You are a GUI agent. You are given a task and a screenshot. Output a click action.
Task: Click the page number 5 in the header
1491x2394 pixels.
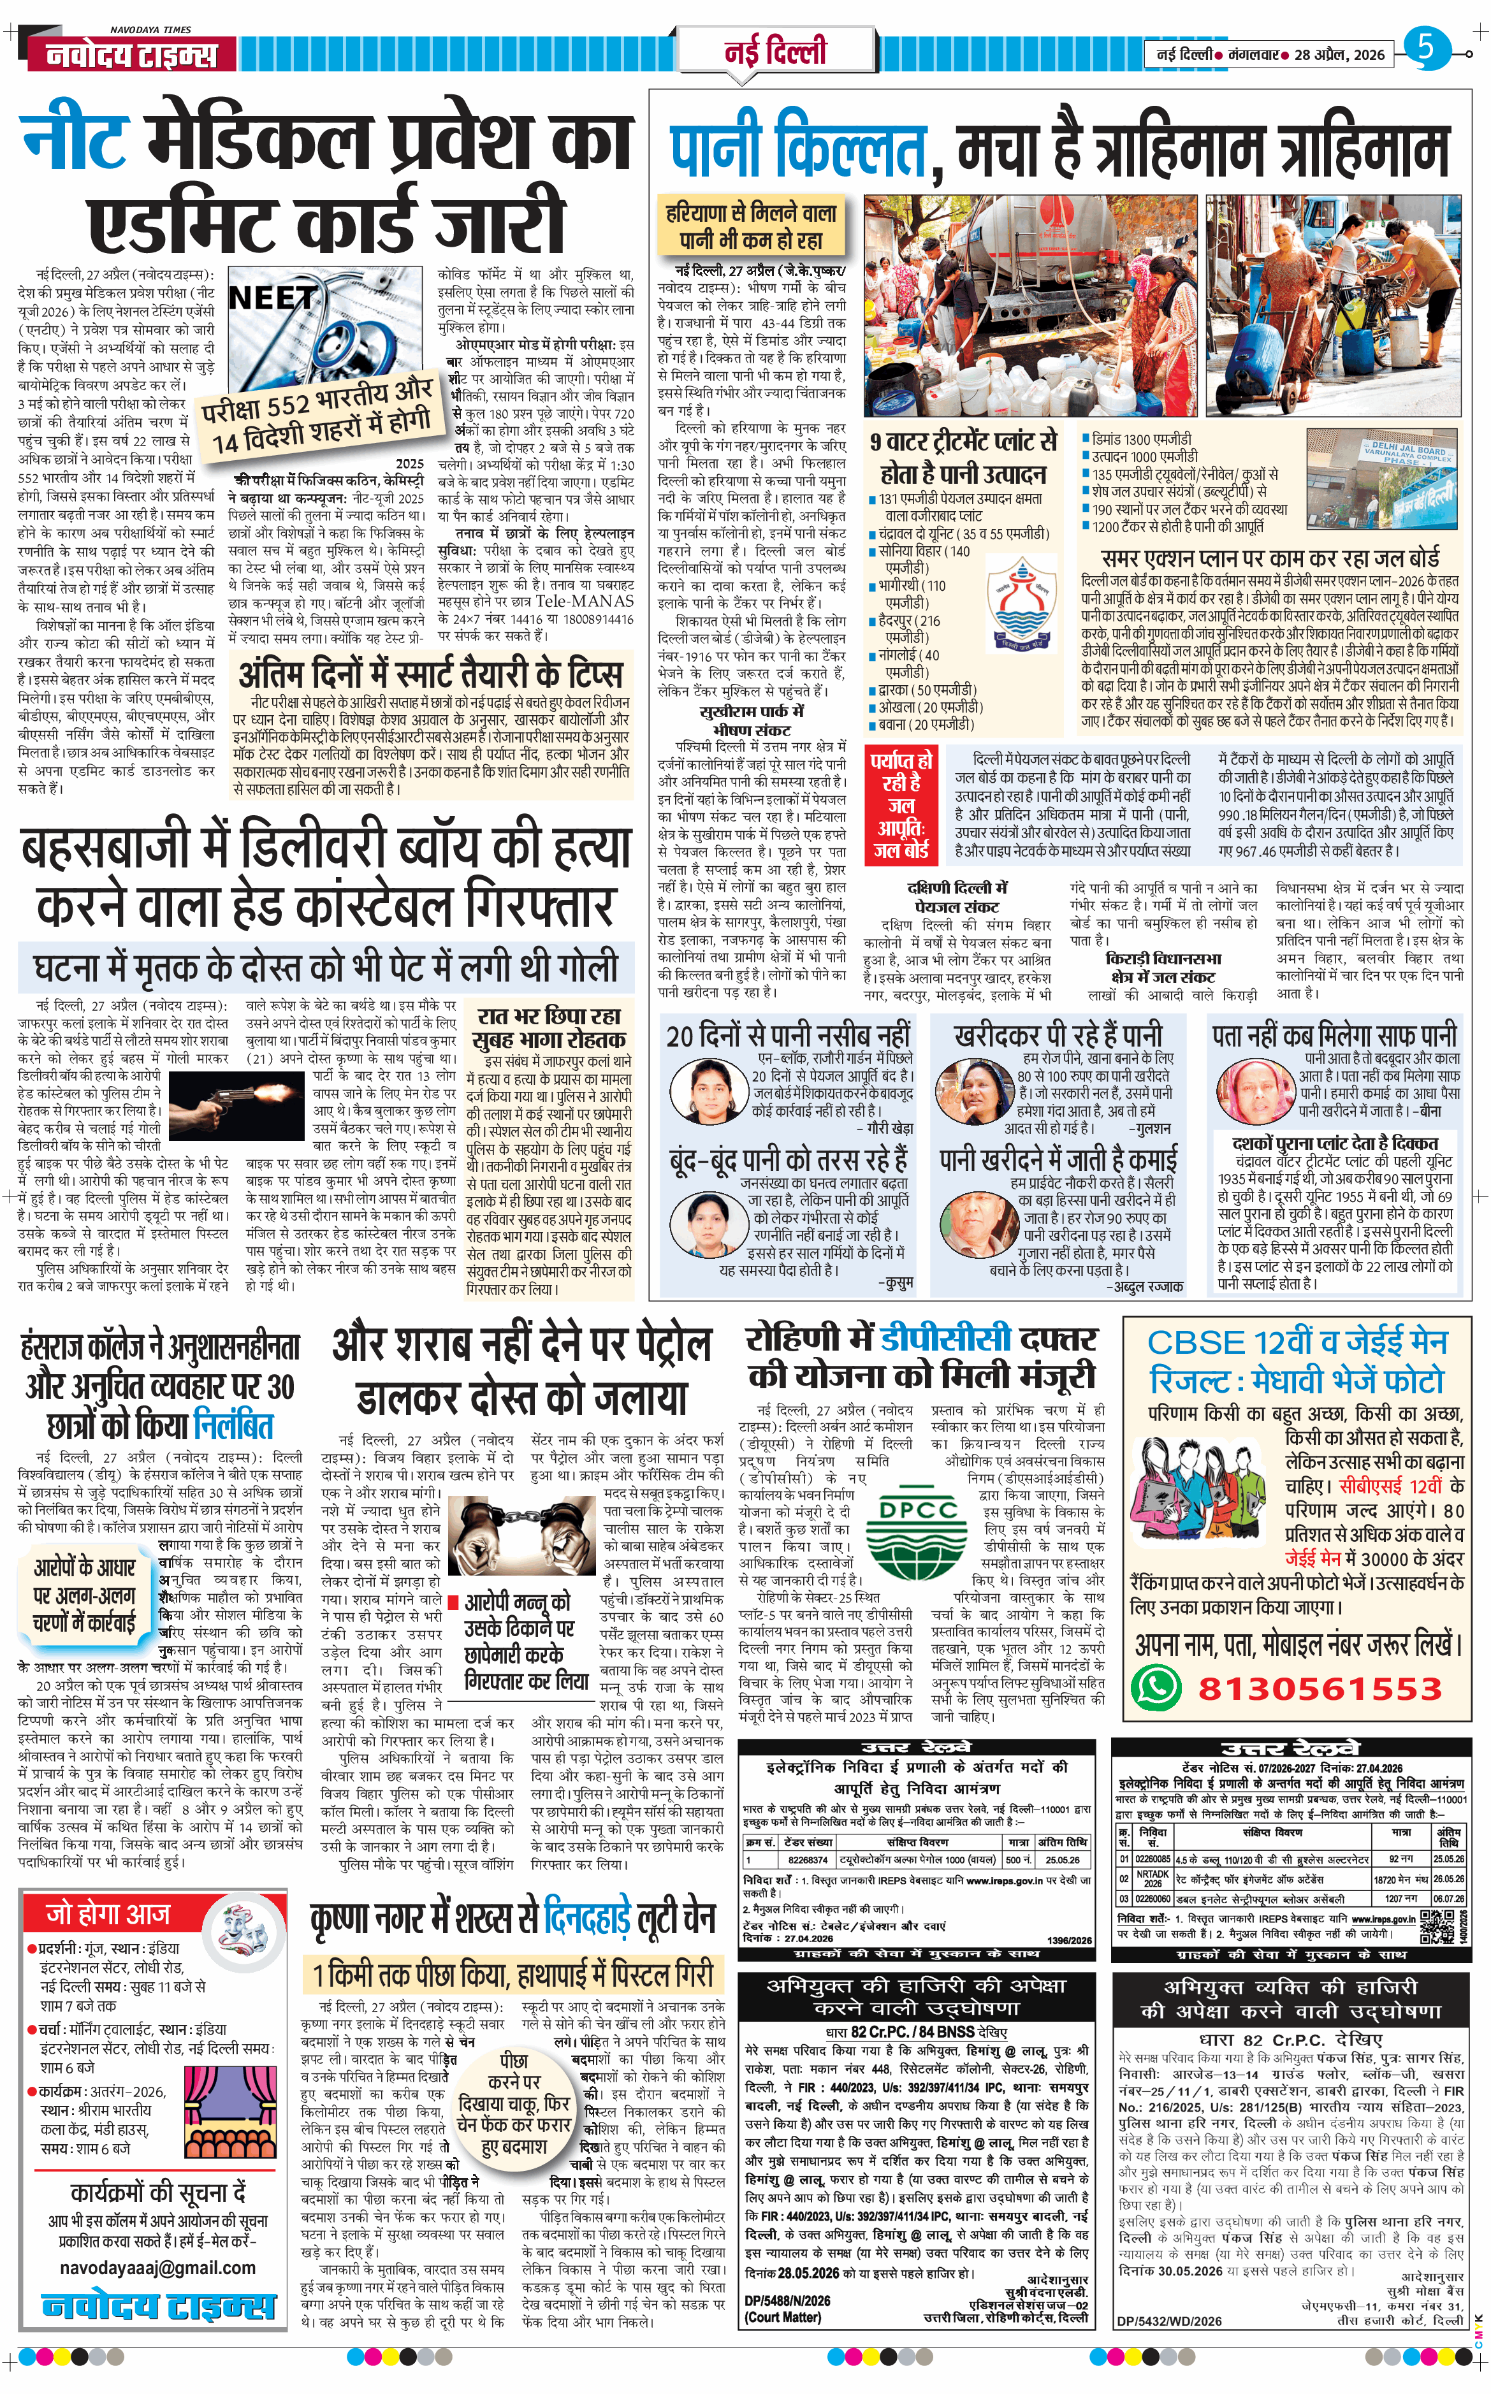coord(1426,47)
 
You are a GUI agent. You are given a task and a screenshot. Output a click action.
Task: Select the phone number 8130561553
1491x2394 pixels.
coord(1320,1688)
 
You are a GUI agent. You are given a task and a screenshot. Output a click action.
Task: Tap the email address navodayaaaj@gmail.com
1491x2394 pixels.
coord(158,2268)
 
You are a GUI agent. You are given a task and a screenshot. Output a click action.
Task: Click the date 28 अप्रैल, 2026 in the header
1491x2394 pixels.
coord(1339,55)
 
